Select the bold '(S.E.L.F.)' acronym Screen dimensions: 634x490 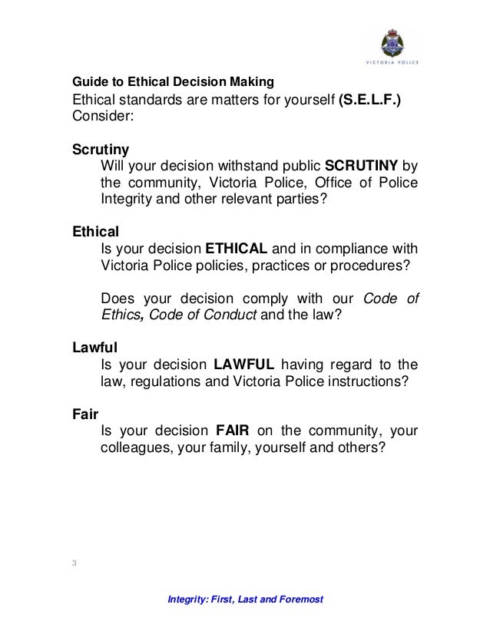pyautogui.click(x=369, y=100)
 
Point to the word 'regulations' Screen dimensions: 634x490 pyautogui.click(x=161, y=382)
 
